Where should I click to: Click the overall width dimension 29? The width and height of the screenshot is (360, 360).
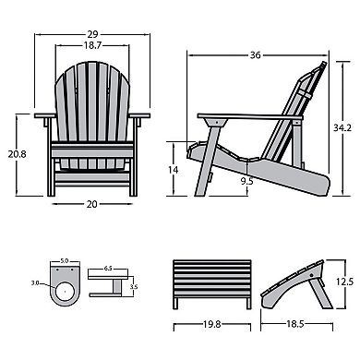[90, 30]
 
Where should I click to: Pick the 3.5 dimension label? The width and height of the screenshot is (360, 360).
[134, 287]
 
